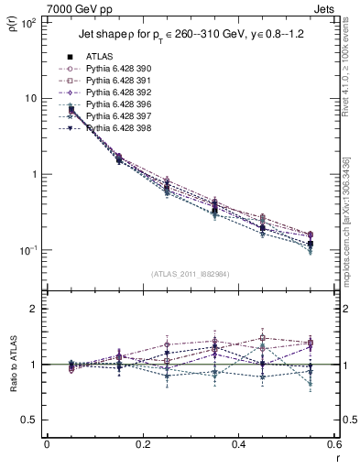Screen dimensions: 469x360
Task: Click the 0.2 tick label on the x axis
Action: pos(143,445)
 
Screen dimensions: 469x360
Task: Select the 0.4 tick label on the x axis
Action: pos(238,445)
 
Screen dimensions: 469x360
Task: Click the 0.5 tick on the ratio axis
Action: pos(31,420)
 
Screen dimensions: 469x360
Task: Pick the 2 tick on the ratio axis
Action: pos(35,309)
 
